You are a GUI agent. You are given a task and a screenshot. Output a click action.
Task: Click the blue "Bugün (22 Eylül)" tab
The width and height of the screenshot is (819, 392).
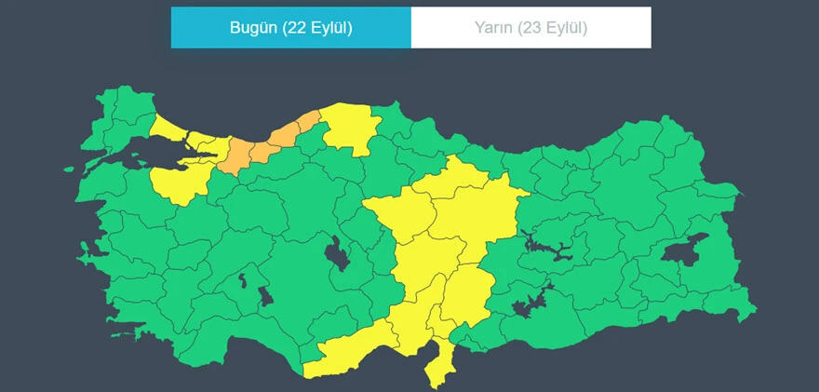pyautogui.click(x=290, y=28)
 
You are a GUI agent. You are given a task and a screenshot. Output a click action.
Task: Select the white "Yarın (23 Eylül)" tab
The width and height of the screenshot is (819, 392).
pyautogui.click(x=530, y=28)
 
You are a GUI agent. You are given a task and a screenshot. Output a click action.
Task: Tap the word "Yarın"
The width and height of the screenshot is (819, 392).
pyautogui.click(x=491, y=28)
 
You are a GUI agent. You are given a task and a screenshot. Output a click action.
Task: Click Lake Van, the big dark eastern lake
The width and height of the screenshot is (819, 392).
pyautogui.click(x=685, y=251)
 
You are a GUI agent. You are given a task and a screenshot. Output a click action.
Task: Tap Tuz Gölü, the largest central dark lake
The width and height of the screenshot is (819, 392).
pyautogui.click(x=336, y=251)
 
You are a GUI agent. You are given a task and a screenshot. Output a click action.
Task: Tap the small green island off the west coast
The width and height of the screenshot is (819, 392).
pyautogui.click(x=68, y=169)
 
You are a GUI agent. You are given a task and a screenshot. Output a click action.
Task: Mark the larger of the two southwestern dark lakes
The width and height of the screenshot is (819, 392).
pyautogui.click(x=264, y=297)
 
